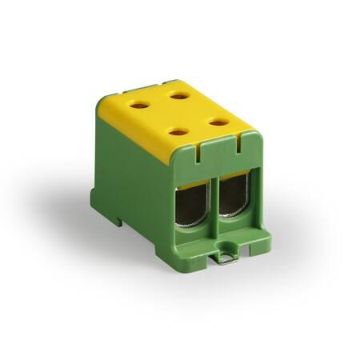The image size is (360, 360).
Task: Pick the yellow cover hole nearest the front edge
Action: click(179, 131)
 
